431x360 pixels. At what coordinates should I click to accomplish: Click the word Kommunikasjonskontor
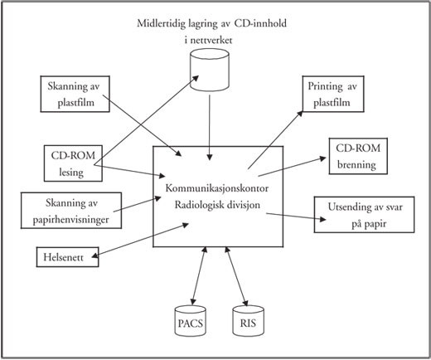click(217, 188)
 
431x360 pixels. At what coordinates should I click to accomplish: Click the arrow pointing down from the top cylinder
click(210, 128)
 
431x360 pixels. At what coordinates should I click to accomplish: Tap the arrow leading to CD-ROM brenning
click(293, 167)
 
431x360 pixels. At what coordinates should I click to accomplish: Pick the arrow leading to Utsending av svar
click(296, 216)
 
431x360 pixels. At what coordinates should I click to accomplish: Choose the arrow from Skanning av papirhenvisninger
click(138, 204)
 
